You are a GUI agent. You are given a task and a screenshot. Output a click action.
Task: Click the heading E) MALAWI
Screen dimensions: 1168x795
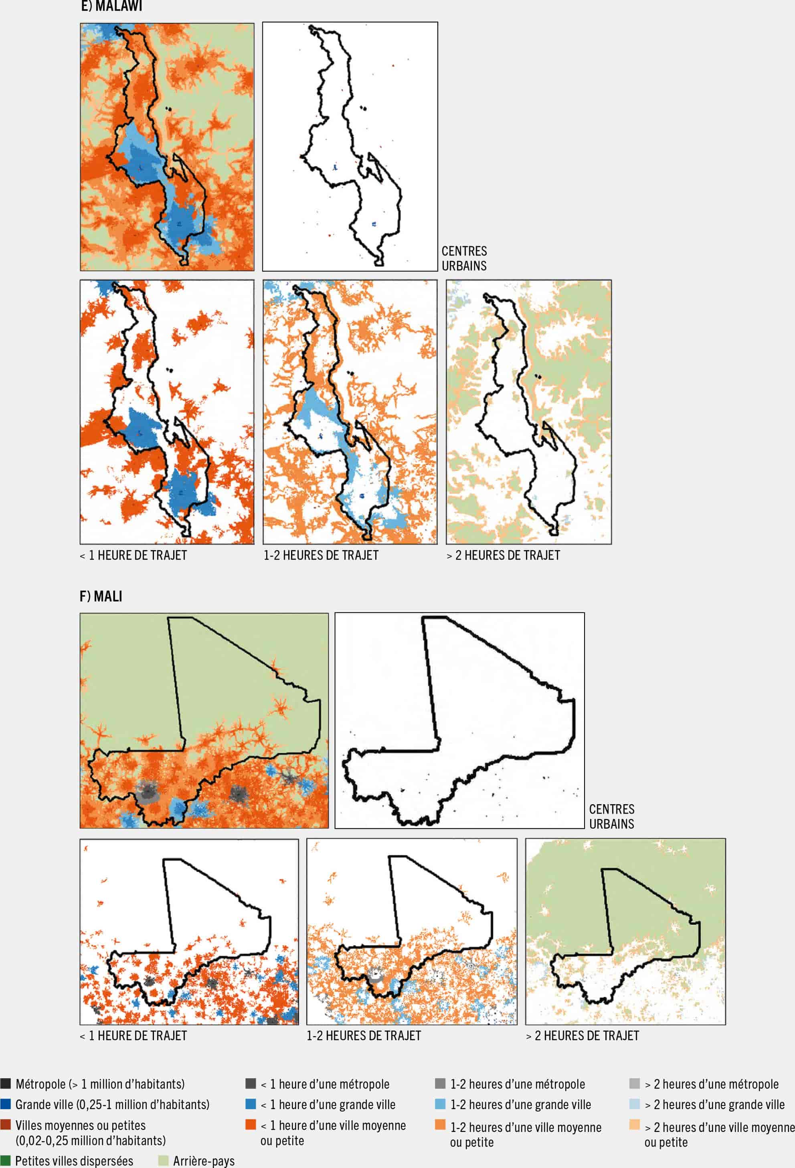111,6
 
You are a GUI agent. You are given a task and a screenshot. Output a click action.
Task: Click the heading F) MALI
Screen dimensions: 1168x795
101,597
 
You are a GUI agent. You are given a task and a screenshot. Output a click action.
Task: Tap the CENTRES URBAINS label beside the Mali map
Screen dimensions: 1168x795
611,817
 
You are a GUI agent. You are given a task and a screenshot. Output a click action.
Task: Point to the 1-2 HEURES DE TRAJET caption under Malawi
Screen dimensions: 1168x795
321,555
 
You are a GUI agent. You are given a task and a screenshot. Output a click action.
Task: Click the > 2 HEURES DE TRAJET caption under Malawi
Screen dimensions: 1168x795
503,555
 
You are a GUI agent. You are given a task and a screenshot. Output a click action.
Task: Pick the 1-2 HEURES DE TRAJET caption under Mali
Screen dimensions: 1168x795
364,1036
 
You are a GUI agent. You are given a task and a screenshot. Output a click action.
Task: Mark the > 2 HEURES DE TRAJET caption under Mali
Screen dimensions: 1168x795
582,1036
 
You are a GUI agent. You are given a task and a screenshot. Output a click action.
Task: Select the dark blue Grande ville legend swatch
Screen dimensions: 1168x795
6,1104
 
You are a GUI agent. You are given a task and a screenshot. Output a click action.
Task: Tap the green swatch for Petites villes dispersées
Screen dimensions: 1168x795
6,1160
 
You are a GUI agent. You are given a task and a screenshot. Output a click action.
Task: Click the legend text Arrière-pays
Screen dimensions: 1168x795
204,1161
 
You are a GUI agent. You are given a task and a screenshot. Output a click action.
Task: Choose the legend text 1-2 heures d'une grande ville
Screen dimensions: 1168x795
520,1105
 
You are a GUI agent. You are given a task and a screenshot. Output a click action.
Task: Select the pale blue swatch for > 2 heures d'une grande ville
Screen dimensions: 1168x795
635,1104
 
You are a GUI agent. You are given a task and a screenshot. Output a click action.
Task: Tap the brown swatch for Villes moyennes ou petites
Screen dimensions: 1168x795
6,1124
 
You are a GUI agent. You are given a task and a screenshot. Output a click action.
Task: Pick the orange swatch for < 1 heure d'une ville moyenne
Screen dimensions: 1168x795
251,1124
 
